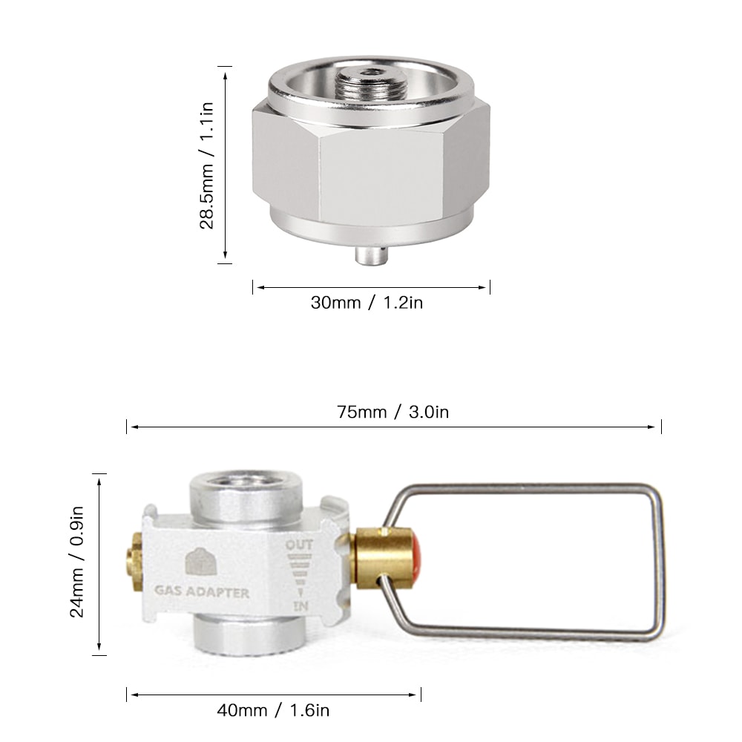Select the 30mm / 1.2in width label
coord(367,303)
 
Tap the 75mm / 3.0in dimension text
coord(393,413)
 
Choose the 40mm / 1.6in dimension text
coord(272,710)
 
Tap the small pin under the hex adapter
coord(370,255)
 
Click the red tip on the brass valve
coord(417,556)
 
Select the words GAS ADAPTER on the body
coord(201,593)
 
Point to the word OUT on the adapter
coord(299,545)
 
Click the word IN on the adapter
coord(301,606)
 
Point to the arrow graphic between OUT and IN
coord(300,575)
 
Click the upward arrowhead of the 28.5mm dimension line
coord(225,70)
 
